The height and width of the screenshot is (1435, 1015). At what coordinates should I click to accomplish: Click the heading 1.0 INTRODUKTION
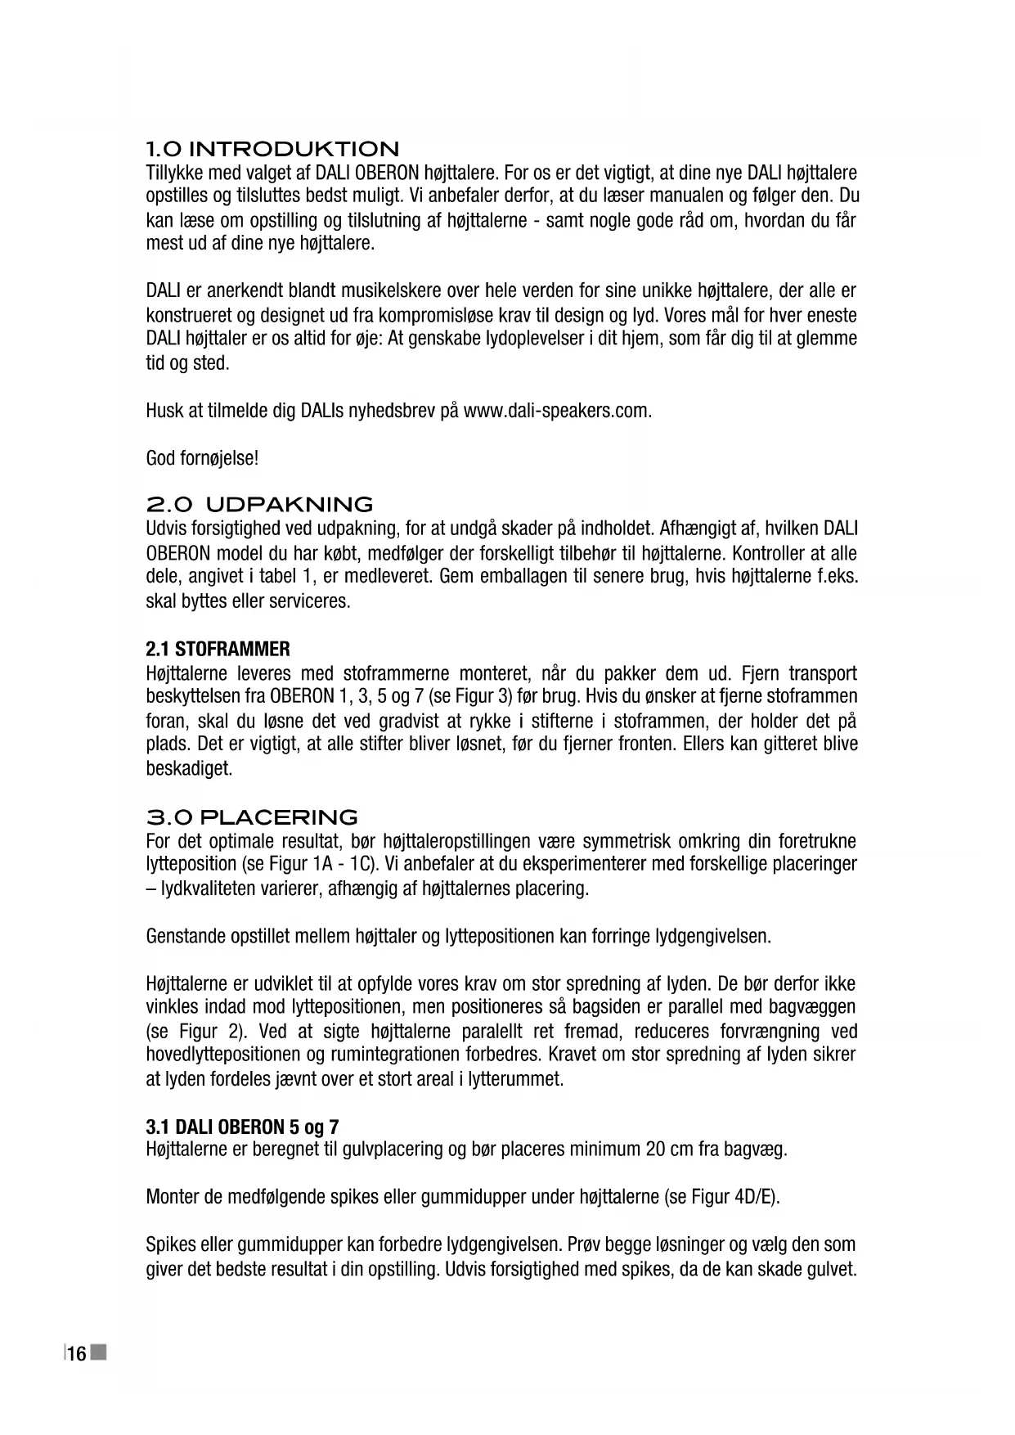coord(272,150)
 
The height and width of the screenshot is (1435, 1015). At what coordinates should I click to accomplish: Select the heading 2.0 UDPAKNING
coord(259,504)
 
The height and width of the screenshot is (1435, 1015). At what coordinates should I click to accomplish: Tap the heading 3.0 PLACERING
coord(252,817)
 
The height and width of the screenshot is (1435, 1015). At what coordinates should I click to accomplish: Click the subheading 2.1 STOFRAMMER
coord(218,650)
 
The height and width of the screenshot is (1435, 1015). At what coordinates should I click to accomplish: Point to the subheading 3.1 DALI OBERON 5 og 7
coord(242,1127)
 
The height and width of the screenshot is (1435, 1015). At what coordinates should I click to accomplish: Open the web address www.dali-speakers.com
coord(556,411)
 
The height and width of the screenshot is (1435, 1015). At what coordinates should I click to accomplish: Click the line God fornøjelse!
coord(202,458)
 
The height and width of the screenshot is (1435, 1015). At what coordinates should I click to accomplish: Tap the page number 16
coord(77,1354)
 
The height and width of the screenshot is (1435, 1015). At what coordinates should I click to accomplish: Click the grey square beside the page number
coord(99,1352)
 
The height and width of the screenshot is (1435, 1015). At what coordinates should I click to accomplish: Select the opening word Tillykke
coord(174,173)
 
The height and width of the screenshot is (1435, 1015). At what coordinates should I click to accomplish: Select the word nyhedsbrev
coord(394,411)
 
